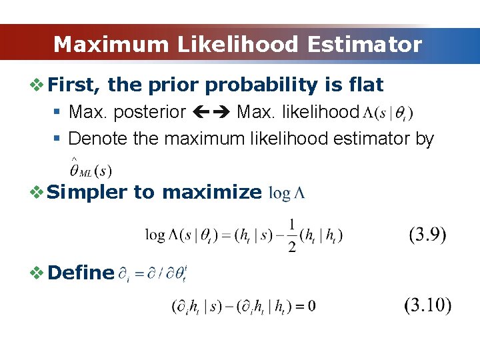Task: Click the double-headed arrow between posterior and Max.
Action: click(x=211, y=112)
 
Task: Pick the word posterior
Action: click(x=147, y=112)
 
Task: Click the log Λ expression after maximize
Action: click(x=287, y=193)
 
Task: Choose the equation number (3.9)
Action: click(x=427, y=235)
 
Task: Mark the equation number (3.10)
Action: click(x=427, y=306)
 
